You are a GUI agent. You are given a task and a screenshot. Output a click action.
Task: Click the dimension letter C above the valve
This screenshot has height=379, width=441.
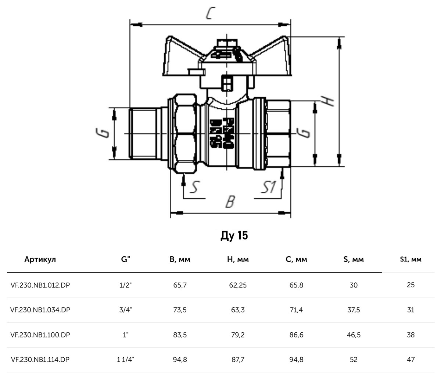point(210,14)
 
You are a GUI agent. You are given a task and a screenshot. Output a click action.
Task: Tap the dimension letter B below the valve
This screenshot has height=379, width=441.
point(230,201)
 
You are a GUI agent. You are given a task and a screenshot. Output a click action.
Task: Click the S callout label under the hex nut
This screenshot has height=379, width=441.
point(194,187)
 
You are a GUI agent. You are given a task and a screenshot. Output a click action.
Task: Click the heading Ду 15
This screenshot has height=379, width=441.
point(234,235)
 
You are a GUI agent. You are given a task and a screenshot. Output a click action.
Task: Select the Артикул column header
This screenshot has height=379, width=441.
point(40,260)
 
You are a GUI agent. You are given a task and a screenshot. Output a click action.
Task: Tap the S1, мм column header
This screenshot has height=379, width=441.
point(410,260)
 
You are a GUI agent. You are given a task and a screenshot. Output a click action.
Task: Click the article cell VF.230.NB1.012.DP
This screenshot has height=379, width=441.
point(40,285)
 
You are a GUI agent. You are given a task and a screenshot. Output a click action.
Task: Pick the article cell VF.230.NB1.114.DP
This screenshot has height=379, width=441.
point(40,360)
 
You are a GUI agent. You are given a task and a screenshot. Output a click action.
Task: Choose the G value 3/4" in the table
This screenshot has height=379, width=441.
point(126,310)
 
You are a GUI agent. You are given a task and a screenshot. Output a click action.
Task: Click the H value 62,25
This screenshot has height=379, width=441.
point(238,285)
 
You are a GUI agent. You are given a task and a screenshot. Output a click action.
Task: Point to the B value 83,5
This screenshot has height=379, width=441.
point(180,335)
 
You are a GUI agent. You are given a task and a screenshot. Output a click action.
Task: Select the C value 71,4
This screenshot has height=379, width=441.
point(296,310)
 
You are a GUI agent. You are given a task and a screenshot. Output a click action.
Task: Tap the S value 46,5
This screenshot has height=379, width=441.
point(353,335)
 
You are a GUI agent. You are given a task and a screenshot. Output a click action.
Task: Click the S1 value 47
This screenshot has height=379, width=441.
point(410,360)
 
